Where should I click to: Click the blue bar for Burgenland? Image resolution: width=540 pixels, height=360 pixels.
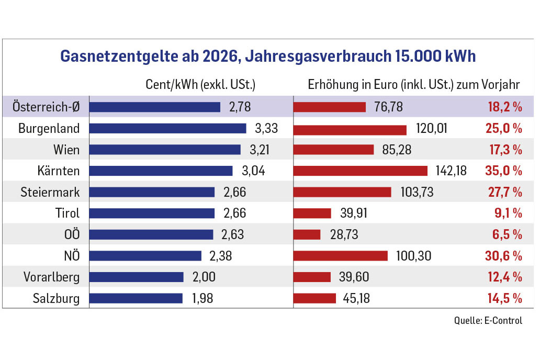[x=167, y=128]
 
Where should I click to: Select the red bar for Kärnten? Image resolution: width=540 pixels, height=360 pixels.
[x=361, y=171]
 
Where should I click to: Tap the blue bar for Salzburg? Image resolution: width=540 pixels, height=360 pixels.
[x=136, y=298]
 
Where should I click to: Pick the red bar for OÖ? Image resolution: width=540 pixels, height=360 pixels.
[x=307, y=234]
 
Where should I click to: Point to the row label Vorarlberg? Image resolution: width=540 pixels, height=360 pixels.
[x=52, y=277]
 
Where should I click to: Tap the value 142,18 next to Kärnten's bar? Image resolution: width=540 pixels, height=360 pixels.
[x=451, y=171]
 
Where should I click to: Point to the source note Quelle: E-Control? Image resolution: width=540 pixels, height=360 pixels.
[x=488, y=320]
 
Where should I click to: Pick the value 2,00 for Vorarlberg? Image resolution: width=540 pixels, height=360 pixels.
[x=204, y=277]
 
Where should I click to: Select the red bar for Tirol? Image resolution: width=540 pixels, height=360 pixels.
[x=312, y=213]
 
